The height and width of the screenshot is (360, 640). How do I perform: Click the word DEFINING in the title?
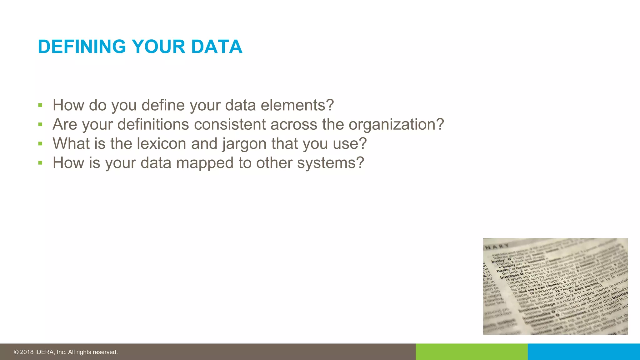click(x=82, y=47)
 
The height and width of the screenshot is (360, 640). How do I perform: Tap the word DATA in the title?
click(x=217, y=47)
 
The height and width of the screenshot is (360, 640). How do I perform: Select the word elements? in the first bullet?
click(x=297, y=105)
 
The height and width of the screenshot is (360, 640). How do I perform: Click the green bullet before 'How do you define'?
click(x=40, y=105)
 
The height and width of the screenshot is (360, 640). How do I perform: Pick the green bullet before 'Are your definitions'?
click(x=40, y=125)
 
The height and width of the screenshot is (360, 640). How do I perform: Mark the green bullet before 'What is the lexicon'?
click(x=40, y=144)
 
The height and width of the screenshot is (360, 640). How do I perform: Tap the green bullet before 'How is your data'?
click(x=40, y=163)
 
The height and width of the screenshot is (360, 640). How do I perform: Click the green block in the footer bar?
click(x=471, y=352)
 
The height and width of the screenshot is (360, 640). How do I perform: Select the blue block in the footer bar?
click(x=584, y=352)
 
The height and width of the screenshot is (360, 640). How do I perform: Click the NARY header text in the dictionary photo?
click(x=497, y=247)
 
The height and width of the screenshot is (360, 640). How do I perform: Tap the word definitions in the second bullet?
click(x=153, y=124)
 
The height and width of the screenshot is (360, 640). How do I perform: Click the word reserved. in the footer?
click(x=107, y=352)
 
